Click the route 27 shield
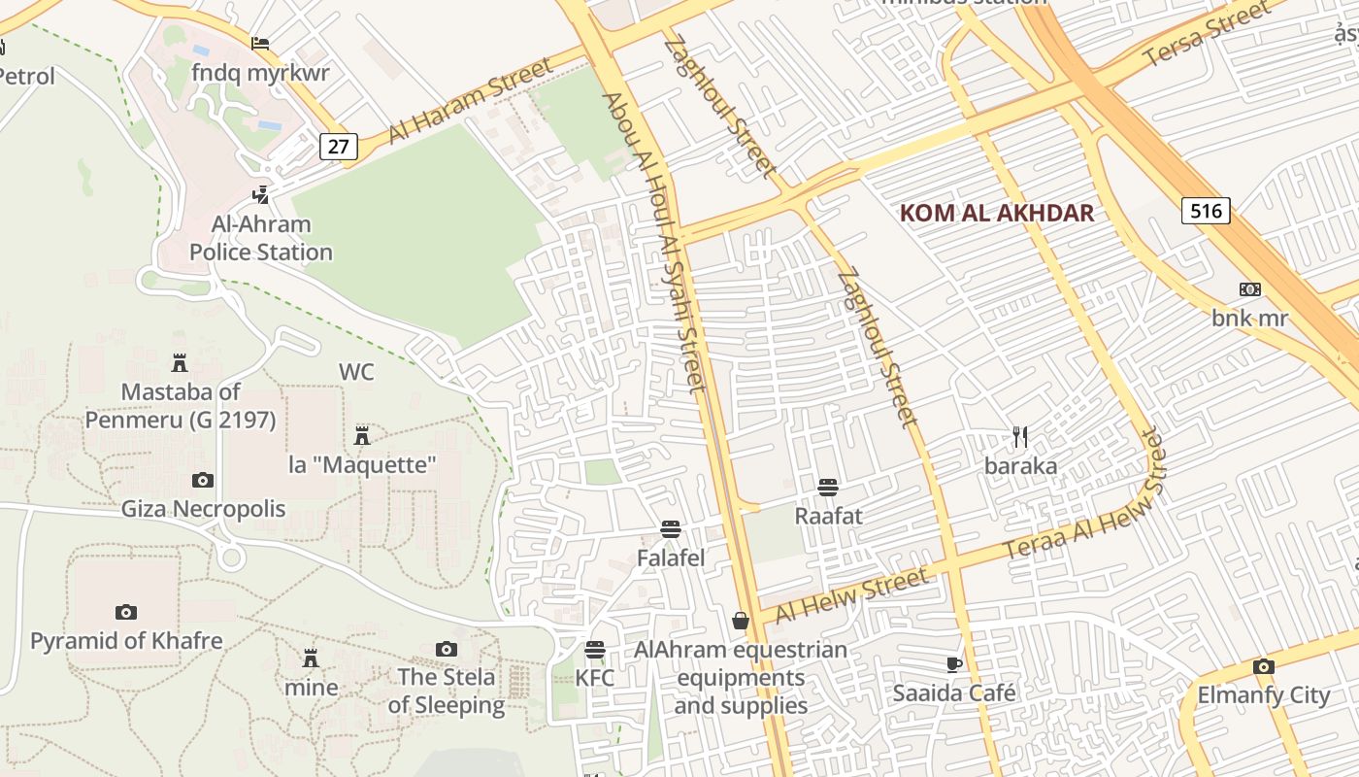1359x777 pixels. (338, 147)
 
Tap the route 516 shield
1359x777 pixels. (1206, 210)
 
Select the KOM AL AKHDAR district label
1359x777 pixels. (996, 213)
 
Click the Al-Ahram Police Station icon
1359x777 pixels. (260, 195)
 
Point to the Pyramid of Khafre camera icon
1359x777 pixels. (125, 612)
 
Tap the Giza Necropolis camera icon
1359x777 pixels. (202, 480)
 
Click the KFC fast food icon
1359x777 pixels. (595, 649)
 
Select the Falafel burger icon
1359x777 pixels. (670, 529)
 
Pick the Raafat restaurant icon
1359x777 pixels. (828, 487)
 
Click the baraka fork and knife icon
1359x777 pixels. (1020, 437)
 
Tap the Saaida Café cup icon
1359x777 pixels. (953, 664)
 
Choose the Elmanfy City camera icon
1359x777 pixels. (1263, 666)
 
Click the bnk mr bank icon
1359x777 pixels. (1249, 289)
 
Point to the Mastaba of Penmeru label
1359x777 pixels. (181, 406)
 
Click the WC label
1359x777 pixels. (356, 372)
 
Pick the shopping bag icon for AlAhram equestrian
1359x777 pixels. (741, 621)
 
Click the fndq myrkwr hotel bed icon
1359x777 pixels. (260, 44)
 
